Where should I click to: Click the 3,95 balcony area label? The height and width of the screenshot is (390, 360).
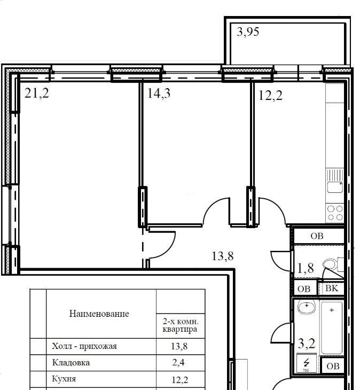coord(248,32)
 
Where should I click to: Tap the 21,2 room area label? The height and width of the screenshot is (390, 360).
coord(37,93)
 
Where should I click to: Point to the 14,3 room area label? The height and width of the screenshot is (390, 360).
coord(159,93)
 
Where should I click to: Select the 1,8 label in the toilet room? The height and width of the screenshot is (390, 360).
coord(306,268)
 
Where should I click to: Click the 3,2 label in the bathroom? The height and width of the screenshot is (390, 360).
coord(306,344)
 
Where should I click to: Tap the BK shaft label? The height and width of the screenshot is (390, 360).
coord(332,288)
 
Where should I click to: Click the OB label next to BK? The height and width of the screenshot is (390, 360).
coord(304,289)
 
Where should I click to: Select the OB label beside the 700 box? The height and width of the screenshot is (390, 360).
coord(333,366)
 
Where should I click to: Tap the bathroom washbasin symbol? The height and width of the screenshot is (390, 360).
coord(307,307)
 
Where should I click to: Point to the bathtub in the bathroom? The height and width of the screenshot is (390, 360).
coord(332,328)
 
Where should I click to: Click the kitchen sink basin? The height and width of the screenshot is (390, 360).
coord(335,187)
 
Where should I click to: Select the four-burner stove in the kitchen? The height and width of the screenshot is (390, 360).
coord(335,213)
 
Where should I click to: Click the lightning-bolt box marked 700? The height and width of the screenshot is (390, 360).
coord(306,363)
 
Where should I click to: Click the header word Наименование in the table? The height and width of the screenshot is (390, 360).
coord(99,314)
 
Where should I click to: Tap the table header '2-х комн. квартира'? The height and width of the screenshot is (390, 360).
coord(181,325)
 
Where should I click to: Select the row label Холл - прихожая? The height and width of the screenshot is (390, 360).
coord(84,346)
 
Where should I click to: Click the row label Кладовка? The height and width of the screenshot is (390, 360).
coord(71,363)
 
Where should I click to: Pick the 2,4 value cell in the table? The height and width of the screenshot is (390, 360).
coord(178,363)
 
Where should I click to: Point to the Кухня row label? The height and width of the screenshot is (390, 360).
coord(64,379)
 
